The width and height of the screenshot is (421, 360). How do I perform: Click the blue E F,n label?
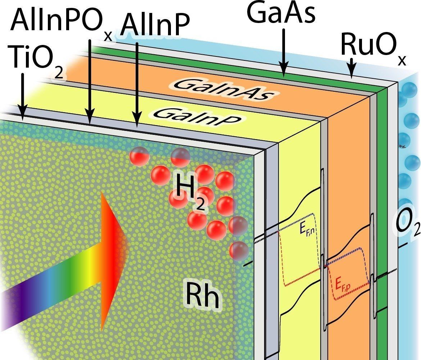coord(305,230)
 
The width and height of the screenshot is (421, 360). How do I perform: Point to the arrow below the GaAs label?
coord(283,54)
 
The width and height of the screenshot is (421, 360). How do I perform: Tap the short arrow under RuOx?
coord(352,68)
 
